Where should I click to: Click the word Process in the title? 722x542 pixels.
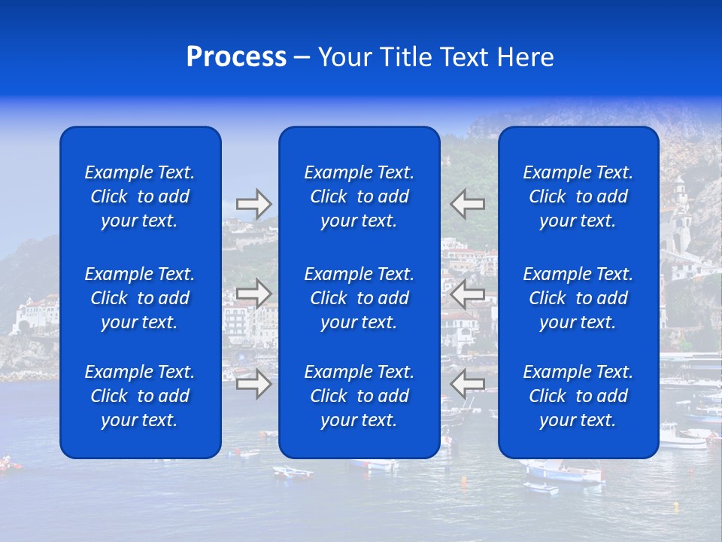tap(236, 57)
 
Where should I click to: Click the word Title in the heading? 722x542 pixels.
tap(405, 57)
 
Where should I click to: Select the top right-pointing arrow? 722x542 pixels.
tap(254, 204)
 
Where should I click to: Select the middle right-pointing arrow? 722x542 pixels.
tap(254, 294)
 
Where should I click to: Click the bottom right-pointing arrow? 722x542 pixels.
tap(254, 384)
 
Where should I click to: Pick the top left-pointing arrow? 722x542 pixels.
tap(468, 203)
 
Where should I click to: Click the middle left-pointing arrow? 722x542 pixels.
tap(468, 294)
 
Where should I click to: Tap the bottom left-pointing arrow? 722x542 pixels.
tap(468, 384)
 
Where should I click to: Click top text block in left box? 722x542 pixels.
tap(140, 196)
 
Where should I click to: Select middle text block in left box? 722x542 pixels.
tap(140, 298)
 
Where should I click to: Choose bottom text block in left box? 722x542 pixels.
tap(140, 396)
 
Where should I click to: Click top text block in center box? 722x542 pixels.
tap(359, 196)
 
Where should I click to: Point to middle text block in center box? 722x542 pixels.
tap(359, 298)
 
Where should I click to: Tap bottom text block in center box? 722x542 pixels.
tap(359, 396)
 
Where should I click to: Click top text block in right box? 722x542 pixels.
tap(578, 196)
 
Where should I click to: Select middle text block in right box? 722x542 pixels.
tap(578, 298)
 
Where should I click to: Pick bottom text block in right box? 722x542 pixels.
tap(578, 396)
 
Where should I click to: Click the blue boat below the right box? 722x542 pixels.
tap(564, 473)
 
